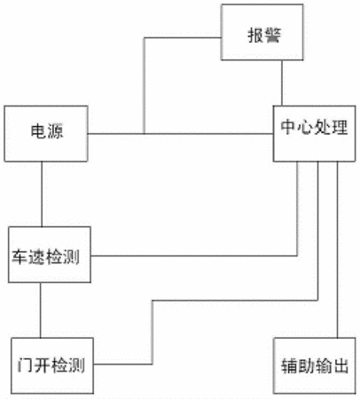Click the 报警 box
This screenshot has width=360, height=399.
[x=262, y=32]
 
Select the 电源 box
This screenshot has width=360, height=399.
[x=46, y=134]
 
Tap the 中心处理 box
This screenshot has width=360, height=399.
[x=314, y=134]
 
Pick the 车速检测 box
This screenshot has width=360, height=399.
[x=50, y=254]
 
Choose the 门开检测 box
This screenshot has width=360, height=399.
[x=52, y=365]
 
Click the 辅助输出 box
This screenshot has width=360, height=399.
[x=315, y=365]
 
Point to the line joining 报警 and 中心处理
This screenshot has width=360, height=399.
[x=282, y=83]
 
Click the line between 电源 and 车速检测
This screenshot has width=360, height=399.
[x=42, y=194]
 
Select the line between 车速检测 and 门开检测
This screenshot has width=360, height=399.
[x=41, y=310]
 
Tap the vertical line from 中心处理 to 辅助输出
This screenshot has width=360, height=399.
[x=338, y=250]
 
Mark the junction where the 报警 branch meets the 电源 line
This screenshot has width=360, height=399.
[x=145, y=134]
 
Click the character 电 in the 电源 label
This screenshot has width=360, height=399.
[x=38, y=131]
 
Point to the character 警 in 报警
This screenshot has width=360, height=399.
[x=272, y=35]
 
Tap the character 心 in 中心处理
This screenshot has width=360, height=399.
[x=306, y=127]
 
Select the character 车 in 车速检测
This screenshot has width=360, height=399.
[x=20, y=256]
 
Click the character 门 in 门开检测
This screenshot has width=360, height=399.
[x=26, y=365]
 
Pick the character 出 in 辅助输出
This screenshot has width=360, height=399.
[x=340, y=366]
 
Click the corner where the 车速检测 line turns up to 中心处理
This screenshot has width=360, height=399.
[x=297, y=255]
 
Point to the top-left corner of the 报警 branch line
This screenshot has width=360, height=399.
[x=145, y=38]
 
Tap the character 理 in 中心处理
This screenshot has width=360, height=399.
[x=340, y=127]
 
